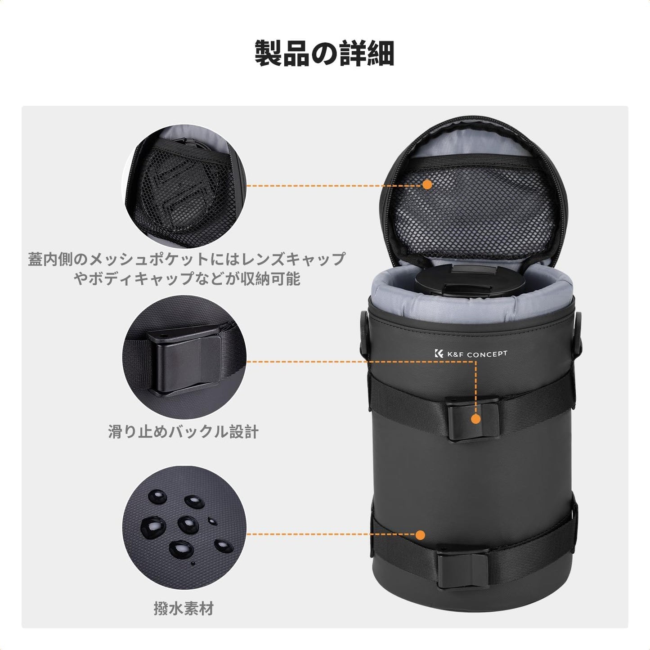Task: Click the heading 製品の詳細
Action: coord(324,54)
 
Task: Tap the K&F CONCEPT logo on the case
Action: coord(471,354)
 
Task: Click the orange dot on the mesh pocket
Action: coord(427,184)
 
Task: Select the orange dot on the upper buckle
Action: coord(475,419)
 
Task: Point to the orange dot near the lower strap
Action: coord(420,535)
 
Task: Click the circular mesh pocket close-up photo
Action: coord(184,186)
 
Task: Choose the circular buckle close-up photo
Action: coord(184,357)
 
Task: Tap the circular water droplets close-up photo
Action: coord(184,527)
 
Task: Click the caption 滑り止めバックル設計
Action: coord(183,432)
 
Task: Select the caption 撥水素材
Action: coord(184,609)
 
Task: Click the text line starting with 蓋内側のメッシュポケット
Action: coord(186,260)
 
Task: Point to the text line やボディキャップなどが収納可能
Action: coord(186,279)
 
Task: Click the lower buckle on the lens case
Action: coord(463,568)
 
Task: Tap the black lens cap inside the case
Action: coord(469,281)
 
